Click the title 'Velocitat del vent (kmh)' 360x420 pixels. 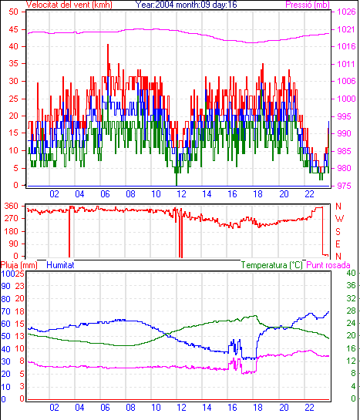pos(69,5)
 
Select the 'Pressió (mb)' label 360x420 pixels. pos(308,5)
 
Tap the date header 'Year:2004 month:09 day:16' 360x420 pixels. pos(186,5)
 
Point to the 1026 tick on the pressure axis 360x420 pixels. pos(346,12)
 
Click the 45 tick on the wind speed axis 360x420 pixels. pos(13,29)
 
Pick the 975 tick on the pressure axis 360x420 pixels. pos(344,186)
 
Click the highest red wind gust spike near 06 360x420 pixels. pos(108,45)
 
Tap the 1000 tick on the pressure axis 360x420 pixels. pos(346,99)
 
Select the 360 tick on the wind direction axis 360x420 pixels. pos(12,206)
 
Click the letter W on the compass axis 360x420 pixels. pos(339,219)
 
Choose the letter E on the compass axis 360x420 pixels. pos(338,244)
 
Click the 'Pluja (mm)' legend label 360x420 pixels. pos(19,265)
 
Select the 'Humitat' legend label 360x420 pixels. pos(60,265)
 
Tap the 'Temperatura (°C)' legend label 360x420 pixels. pos(271,265)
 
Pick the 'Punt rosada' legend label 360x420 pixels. pos(328,265)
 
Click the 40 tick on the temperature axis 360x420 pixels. pos(351,273)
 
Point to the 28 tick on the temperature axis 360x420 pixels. pos(351,311)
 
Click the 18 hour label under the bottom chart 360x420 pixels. pos(257,408)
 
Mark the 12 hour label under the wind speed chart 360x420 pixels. pos(181,193)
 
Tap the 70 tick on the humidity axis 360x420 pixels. pos(5,311)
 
